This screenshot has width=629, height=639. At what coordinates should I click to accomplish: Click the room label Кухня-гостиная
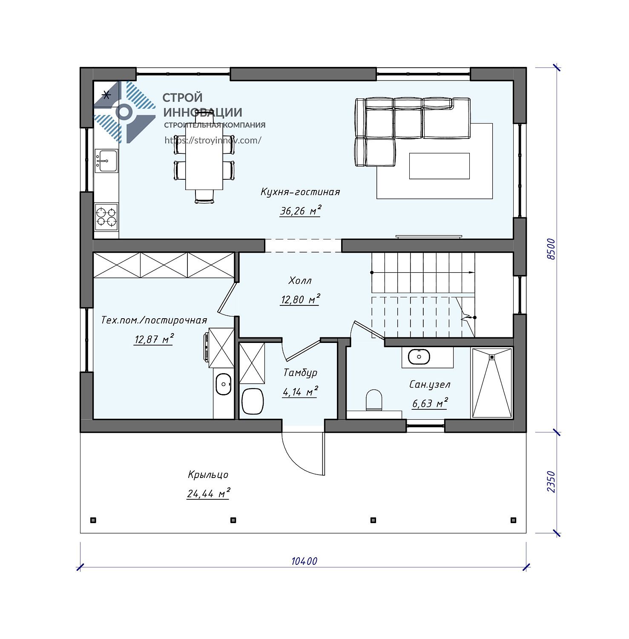(300, 192)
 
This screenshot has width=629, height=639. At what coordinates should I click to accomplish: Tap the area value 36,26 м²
(300, 210)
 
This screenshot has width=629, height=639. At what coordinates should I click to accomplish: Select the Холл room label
(300, 281)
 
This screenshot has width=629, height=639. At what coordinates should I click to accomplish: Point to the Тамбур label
(300, 373)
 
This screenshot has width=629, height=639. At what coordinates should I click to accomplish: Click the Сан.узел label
(430, 385)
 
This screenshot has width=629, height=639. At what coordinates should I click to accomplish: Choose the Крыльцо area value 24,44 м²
(208, 493)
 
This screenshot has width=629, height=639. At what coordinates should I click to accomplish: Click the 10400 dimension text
(304, 561)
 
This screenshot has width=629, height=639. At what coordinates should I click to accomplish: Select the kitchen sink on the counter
(106, 161)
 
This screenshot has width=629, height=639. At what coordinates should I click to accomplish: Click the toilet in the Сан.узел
(374, 400)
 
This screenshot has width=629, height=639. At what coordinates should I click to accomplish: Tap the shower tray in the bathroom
(492, 383)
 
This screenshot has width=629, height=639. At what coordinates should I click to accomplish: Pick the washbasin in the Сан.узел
(419, 357)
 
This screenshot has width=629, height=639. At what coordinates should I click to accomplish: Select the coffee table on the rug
(439, 166)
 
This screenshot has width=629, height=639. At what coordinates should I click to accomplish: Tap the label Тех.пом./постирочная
(154, 320)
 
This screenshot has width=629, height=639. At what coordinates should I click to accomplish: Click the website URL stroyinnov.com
(213, 140)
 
